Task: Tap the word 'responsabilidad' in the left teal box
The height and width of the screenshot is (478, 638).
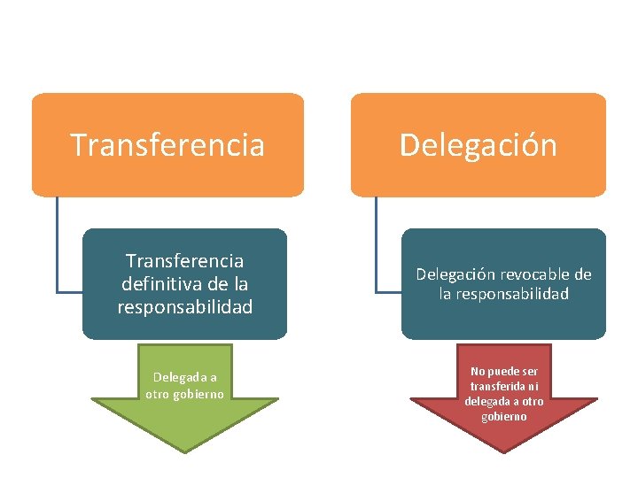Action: point(184,307)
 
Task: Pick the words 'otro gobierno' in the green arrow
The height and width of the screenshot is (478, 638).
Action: point(184,394)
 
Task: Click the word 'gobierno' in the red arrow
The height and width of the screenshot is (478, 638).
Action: point(504,416)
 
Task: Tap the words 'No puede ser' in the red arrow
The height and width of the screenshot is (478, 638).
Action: point(504,371)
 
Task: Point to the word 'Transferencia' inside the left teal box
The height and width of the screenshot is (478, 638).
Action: point(184,261)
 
